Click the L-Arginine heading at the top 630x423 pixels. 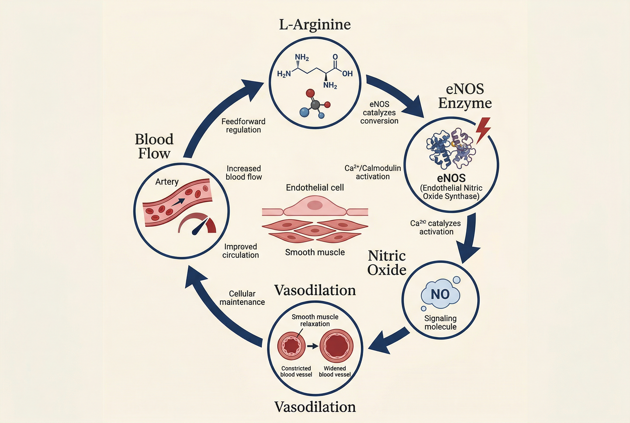click(x=315, y=25)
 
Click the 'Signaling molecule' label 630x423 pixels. click(x=440, y=322)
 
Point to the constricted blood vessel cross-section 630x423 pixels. click(x=291, y=346)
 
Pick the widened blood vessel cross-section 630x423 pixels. click(x=336, y=346)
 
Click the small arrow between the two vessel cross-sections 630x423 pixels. click(x=313, y=346)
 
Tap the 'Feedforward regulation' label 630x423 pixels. click(x=243, y=125)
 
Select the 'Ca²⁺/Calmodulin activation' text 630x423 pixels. click(x=373, y=172)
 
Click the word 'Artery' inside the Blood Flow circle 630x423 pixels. click(x=167, y=182)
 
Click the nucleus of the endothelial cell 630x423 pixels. click(x=315, y=205)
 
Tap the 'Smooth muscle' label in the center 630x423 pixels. click(x=315, y=252)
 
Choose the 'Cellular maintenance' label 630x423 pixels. click(x=242, y=298)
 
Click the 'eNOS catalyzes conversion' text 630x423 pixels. click(x=379, y=112)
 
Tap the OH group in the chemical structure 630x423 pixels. click(x=347, y=74)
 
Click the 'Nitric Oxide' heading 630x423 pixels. click(x=387, y=263)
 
